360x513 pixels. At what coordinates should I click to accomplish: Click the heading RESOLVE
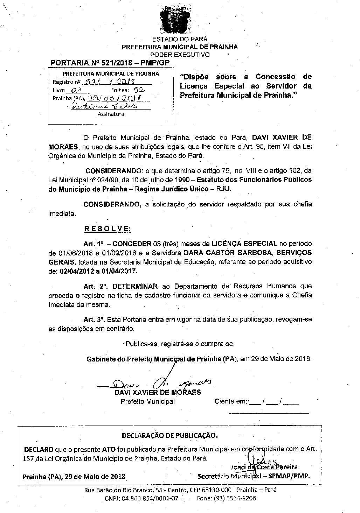pos(107,229)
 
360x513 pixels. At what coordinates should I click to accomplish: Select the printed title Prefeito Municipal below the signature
pos(147,401)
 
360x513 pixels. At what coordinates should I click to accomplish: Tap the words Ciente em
pos(231,401)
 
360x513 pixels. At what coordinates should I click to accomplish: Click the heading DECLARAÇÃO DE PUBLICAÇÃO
pos(169,436)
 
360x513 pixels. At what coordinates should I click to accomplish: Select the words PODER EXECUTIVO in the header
pos(180,55)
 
